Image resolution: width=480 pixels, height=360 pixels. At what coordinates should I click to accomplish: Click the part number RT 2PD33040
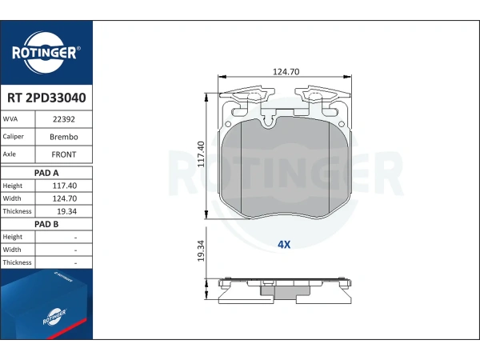tap(46, 98)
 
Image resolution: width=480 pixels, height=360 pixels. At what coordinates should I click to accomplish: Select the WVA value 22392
tap(64, 119)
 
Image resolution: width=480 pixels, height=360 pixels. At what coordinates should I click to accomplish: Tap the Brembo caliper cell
tap(64, 137)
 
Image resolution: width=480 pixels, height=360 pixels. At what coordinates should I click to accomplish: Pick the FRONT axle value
tap(64, 154)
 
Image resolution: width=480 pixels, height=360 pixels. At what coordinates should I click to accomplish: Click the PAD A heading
tap(46, 173)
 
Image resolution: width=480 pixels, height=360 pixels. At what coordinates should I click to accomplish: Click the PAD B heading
tap(46, 224)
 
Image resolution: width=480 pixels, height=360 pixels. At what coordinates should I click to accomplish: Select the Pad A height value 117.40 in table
tap(65, 186)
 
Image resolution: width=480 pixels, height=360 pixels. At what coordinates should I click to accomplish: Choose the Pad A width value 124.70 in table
tap(65, 198)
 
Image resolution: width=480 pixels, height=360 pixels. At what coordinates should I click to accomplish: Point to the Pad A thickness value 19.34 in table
tap(66, 211)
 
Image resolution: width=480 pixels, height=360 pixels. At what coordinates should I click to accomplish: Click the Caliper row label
tap(13, 137)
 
